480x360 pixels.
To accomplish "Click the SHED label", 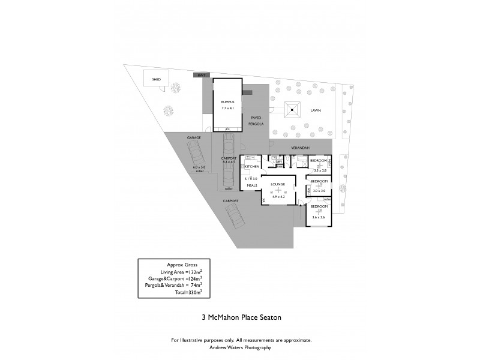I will pyautogui.click(x=156, y=79).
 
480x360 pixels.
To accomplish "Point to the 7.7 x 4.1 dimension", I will pyautogui.click(x=227, y=109).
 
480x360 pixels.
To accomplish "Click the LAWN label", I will pyautogui.click(x=315, y=110).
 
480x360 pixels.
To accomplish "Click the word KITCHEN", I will pyautogui.click(x=251, y=166).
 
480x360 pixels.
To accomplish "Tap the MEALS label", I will pyautogui.click(x=251, y=185).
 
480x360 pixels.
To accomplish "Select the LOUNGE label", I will pyautogui.click(x=277, y=184).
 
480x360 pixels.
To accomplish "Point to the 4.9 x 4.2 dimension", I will pyautogui.click(x=277, y=196).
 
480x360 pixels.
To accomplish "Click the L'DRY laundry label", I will pyautogui.click(x=278, y=163).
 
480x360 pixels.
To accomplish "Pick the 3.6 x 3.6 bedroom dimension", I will pyautogui.click(x=319, y=217).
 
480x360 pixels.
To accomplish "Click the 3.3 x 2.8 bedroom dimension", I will pyautogui.click(x=319, y=171).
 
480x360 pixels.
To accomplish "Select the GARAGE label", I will pyautogui.click(x=193, y=137).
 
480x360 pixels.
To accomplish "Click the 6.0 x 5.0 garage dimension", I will pyautogui.click(x=199, y=167).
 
